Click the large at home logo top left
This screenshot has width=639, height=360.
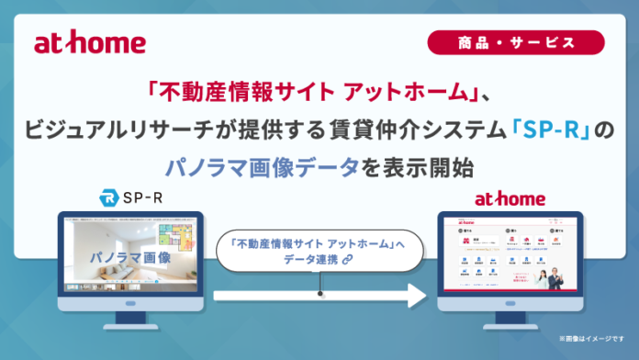pos(89,43)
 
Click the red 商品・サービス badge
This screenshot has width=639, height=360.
pos(515,42)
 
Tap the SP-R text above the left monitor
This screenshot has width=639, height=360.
pos(139,197)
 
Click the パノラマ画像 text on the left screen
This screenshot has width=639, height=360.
pos(129,258)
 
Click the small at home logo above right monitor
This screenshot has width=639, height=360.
pos(510,198)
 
